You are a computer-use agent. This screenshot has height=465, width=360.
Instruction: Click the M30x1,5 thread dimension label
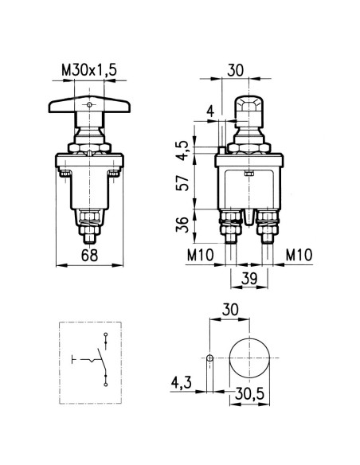89,71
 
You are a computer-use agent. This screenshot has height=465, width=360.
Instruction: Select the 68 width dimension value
89,256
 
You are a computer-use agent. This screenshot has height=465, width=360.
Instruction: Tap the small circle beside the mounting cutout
209,358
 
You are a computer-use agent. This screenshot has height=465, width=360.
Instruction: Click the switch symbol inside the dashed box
97,358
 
